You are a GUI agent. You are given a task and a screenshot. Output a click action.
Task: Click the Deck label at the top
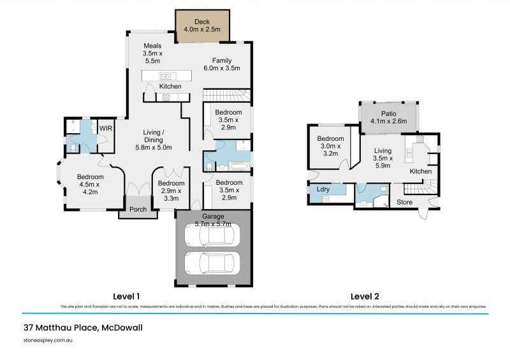(x=201, y=22)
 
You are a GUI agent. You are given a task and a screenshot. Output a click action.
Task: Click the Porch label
(x=138, y=209)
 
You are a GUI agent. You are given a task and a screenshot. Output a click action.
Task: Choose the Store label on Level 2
(x=404, y=203)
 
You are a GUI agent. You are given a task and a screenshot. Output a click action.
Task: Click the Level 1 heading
(x=126, y=296)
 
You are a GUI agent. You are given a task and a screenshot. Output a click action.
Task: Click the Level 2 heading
(x=365, y=296)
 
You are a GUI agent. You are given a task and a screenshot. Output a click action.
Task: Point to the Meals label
(x=152, y=46)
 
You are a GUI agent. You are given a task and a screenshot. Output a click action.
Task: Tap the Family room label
(x=213, y=61)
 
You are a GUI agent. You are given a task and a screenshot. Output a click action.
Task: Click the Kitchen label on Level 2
(x=421, y=171)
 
